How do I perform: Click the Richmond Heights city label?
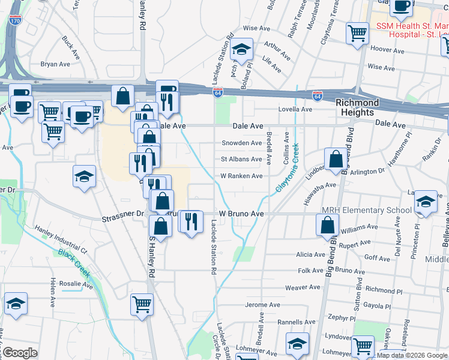click(357, 107)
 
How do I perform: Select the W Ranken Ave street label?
click(241, 176)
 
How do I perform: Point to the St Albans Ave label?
click(241, 159)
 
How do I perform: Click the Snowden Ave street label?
click(242, 143)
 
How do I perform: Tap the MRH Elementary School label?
click(367, 210)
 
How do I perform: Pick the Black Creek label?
click(74, 262)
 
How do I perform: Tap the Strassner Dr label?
click(123, 213)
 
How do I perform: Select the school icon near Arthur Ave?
click(241, 49)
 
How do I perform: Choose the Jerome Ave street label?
click(262, 305)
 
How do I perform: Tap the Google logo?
click(20, 353)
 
